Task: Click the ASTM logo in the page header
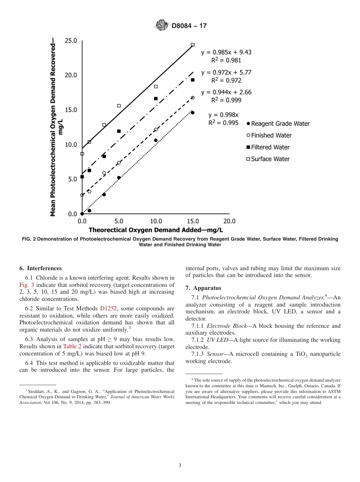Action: tap(161, 25)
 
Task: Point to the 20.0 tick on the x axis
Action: tap(229, 221)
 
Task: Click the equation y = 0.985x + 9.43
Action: tap(226, 52)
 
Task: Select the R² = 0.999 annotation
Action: tap(226, 100)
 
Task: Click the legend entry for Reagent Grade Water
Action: tap(278, 124)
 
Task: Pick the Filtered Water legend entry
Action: tap(268, 147)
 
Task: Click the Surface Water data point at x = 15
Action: tap(193, 45)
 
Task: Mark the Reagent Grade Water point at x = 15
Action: tap(193, 113)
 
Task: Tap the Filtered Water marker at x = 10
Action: tap(156, 99)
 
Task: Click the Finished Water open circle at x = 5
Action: tap(119, 163)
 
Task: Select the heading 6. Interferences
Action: tap(41, 268)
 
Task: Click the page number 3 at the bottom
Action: tap(180, 465)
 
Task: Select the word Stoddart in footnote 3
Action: tap(36, 391)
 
